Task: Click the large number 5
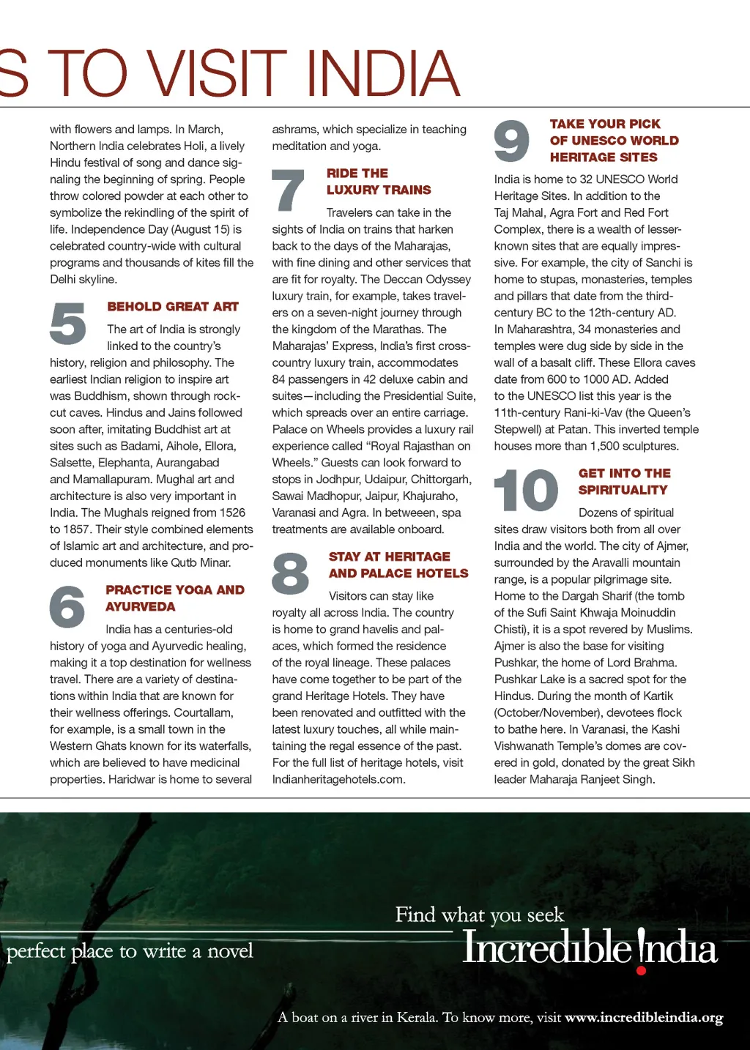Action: click(68, 324)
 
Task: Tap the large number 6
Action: click(67, 606)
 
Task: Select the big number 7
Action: click(288, 190)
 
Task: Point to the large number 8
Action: click(290, 573)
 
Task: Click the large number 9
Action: click(511, 141)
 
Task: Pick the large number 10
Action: click(526, 491)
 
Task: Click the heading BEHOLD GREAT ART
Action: click(173, 307)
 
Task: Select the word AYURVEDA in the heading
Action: click(140, 607)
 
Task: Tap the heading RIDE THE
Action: click(357, 174)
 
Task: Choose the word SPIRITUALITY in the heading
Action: click(623, 490)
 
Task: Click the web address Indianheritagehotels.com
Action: click(338, 780)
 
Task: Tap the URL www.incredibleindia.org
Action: click(644, 1017)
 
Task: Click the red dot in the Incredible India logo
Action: click(642, 971)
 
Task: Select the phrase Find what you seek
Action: click(480, 915)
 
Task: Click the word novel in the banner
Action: click(230, 951)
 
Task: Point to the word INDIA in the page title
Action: click(382, 73)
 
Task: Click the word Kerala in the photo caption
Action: click(416, 1017)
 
